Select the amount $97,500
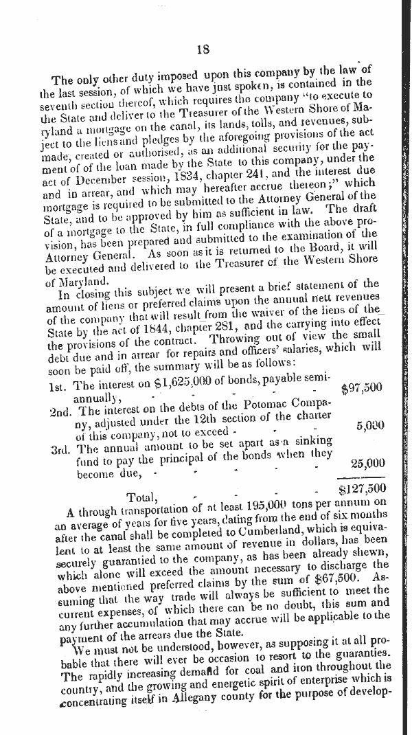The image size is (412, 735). (x=361, y=388)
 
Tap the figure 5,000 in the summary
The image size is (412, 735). (x=370, y=425)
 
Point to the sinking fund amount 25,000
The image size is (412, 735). (x=367, y=463)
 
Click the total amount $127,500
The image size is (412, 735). (x=361, y=489)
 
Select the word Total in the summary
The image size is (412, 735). (x=144, y=496)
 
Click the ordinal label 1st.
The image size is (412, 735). (x=58, y=386)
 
